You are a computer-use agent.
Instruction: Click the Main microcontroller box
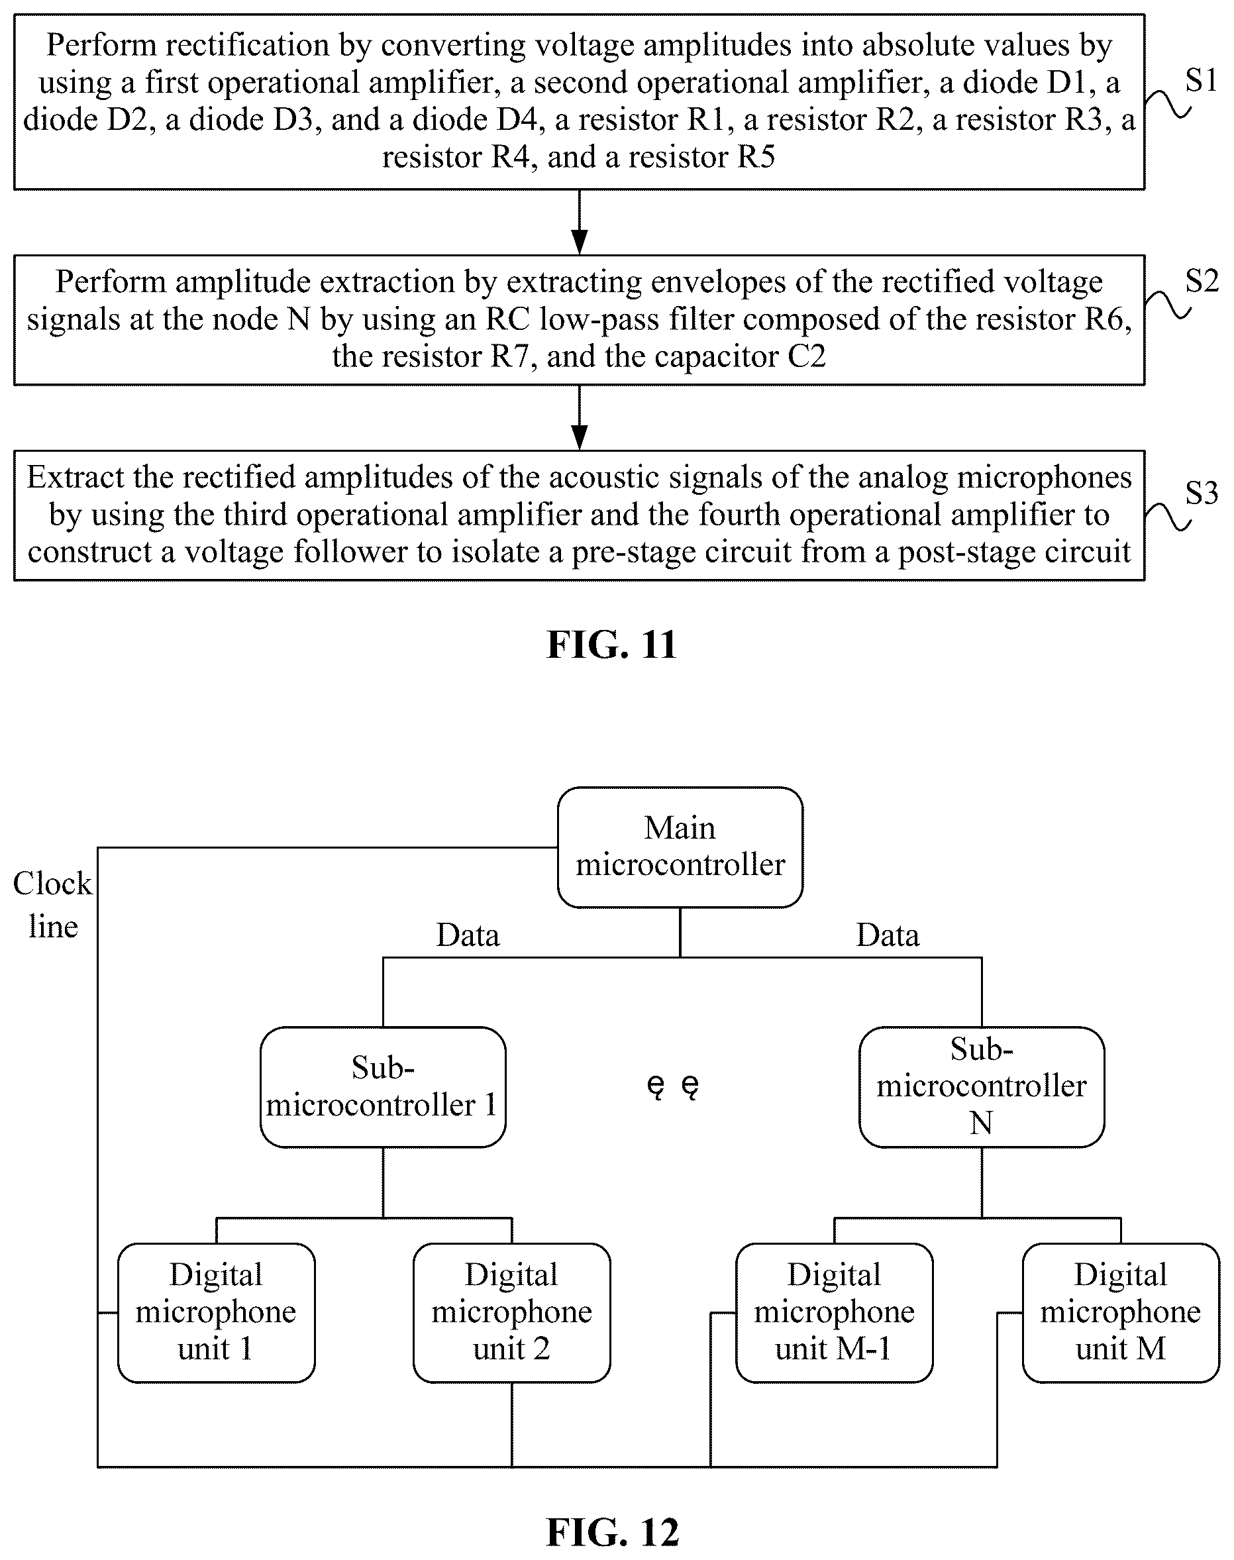680,847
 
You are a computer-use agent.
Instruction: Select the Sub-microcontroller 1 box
382,1087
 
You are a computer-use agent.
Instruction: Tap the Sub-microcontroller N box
981,1087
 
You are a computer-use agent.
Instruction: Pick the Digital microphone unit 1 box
216,1313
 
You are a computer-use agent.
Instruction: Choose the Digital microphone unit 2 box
511,1313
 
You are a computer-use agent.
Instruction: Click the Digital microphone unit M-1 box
834,1313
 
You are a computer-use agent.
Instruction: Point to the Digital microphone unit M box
1121,1313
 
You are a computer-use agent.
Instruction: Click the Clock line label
53,905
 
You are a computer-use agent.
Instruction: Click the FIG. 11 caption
611,644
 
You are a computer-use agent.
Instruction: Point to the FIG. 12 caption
613,1532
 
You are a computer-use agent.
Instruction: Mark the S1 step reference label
1202,80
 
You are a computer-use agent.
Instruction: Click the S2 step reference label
1202,280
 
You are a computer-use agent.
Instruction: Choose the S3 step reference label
1202,493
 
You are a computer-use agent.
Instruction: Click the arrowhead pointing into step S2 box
579,242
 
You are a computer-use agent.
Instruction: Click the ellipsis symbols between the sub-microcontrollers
672,1087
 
